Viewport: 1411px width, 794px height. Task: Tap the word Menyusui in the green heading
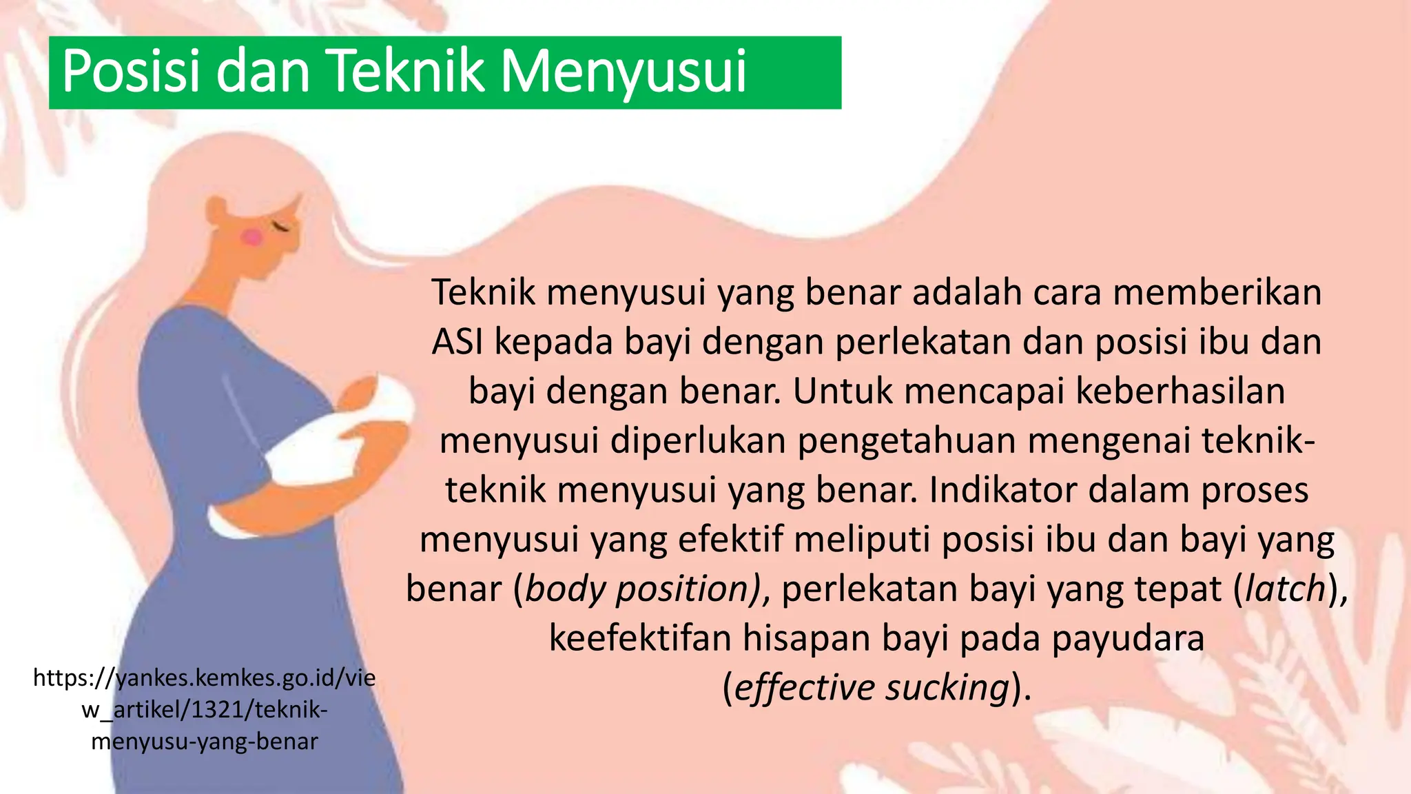click(x=624, y=72)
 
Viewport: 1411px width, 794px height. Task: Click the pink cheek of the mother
click(x=252, y=237)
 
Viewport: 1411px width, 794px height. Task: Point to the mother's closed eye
click(x=282, y=225)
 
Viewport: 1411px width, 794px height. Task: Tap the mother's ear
click(x=216, y=209)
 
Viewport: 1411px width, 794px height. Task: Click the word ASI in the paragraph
click(x=457, y=343)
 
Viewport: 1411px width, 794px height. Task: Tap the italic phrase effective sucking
click(x=872, y=688)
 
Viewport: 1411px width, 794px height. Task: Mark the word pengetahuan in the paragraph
click(x=906, y=441)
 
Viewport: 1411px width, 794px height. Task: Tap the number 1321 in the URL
click(x=217, y=709)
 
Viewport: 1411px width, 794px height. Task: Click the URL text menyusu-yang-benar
click(x=205, y=742)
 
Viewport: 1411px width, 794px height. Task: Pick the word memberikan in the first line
click(x=1217, y=292)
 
